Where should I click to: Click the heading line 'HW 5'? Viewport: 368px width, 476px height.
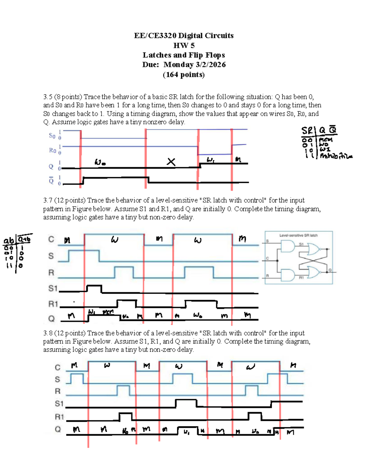coord(184,45)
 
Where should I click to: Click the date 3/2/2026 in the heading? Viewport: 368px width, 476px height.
coord(211,65)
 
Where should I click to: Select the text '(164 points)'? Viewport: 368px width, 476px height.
coord(184,74)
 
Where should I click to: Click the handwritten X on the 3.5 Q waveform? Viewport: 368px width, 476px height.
coord(171,162)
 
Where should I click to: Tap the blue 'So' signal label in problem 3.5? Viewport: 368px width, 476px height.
coord(52,135)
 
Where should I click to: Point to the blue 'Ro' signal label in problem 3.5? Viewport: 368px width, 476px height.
coord(52,150)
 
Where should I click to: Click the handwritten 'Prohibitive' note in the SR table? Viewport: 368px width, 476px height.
coord(336,156)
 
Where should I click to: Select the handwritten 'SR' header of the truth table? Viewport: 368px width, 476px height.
coord(307,131)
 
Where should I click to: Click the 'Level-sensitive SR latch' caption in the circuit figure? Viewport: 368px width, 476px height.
coord(298,235)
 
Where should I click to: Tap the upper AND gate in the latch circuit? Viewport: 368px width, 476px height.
coord(287,246)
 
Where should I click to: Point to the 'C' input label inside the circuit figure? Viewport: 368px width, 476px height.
coord(267,258)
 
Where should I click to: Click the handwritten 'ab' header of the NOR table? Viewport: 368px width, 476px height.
coord(9,241)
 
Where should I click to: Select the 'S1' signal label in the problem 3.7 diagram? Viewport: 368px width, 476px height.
coord(53,288)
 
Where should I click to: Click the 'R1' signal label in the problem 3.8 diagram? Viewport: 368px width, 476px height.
coord(59,417)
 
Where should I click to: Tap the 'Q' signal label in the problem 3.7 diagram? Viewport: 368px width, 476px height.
coord(51,319)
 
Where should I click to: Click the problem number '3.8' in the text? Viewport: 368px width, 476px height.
coord(48,333)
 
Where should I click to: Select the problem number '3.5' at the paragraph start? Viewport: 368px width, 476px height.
coord(48,97)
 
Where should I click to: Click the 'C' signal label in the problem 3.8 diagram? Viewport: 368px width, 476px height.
coord(58,367)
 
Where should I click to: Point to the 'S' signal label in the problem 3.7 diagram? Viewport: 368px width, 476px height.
coord(51,256)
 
